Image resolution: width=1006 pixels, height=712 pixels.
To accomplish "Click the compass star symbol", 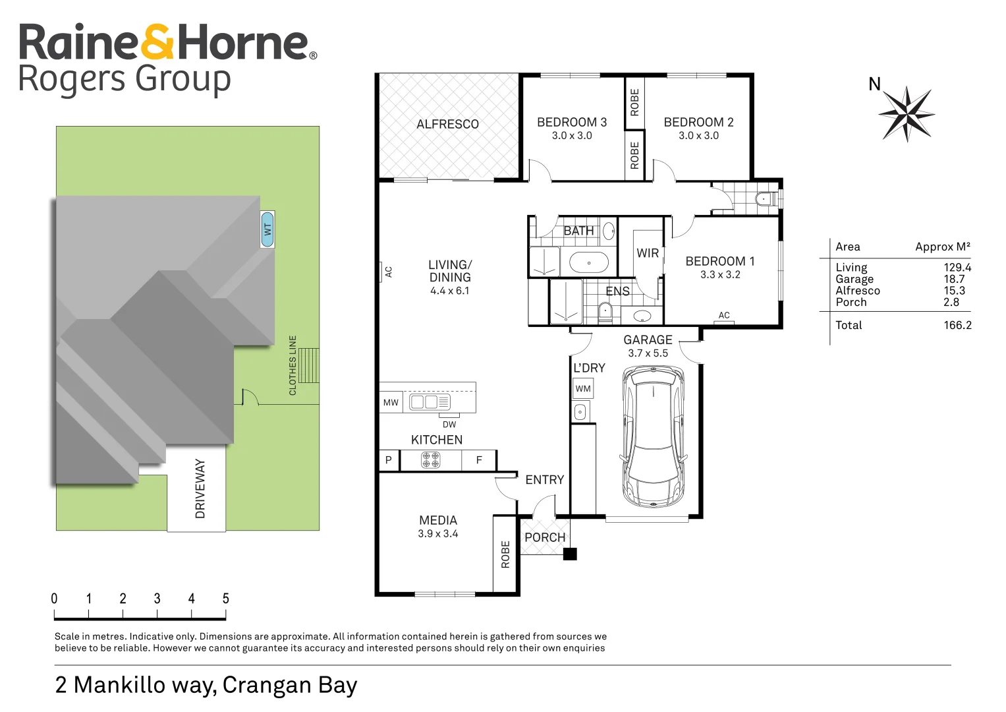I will (907, 114).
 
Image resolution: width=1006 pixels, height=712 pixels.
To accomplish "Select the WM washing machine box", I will (583, 389).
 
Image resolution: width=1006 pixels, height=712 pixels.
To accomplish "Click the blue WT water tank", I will (267, 229).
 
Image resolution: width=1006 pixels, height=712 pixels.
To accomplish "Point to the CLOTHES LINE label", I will (293, 365).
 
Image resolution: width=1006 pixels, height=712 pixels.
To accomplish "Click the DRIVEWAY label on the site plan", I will (200, 489).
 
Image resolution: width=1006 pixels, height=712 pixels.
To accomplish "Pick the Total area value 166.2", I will (957, 325).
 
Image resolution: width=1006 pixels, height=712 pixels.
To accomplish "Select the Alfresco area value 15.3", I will (954, 291).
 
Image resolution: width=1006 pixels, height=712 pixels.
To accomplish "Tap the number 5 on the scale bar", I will (225, 599).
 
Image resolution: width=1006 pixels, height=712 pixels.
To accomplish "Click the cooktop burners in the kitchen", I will (431, 460).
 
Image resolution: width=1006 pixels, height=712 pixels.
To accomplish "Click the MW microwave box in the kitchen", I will (391, 402).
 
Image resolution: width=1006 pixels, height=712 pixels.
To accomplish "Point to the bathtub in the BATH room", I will (588, 262).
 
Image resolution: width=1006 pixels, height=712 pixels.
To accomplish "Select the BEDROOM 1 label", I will (719, 261).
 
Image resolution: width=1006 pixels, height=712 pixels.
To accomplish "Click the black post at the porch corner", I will (570, 554).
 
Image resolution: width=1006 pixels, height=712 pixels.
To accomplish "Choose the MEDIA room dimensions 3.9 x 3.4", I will (437, 534).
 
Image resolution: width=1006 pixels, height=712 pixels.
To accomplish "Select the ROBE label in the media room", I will (505, 554).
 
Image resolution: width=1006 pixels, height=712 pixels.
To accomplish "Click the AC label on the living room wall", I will (388, 272).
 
